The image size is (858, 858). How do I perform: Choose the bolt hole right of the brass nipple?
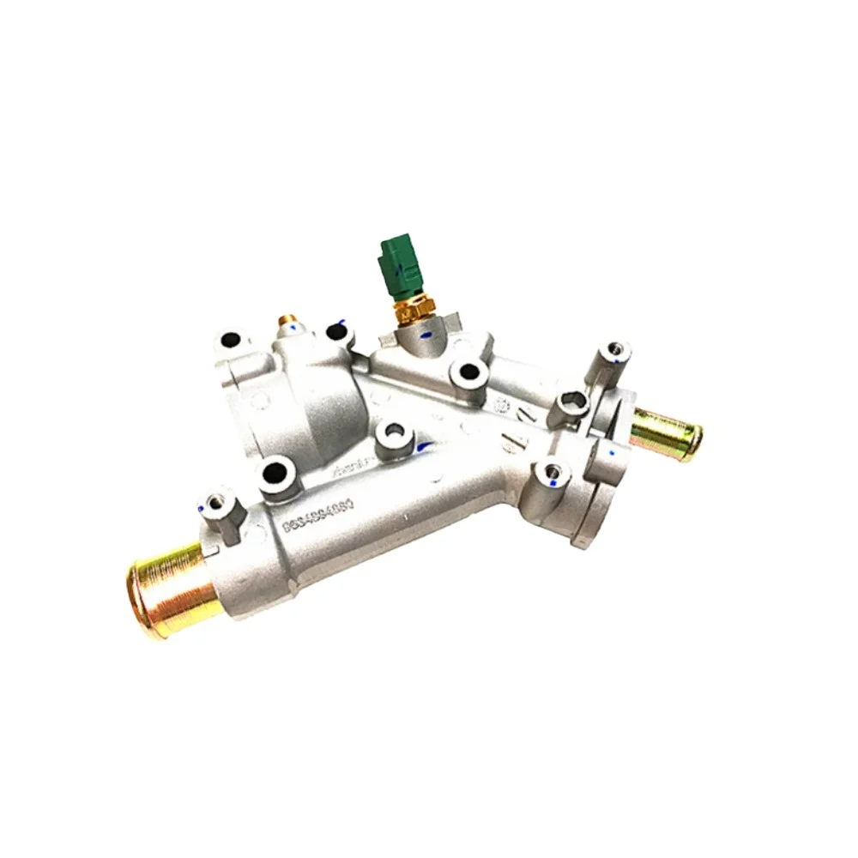tap(336, 331)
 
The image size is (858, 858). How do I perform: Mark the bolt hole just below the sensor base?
tap(468, 372)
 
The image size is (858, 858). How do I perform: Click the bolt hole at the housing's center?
tap(394, 433)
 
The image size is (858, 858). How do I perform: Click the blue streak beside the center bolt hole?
tap(420, 447)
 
